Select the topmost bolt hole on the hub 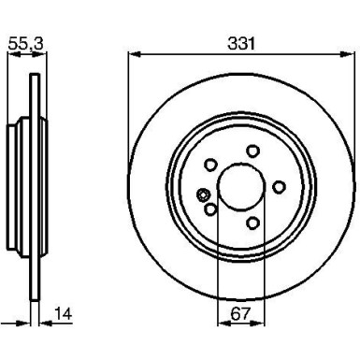pyautogui.click(x=251, y=151)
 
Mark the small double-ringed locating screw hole pyautogui.click(x=203, y=194)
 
